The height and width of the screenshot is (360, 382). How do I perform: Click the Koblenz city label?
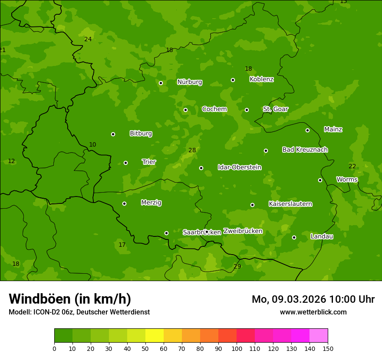coord(261,79)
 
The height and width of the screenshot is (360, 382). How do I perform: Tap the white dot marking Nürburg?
coord(161,83)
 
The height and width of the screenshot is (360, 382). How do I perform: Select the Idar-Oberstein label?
coord(240,167)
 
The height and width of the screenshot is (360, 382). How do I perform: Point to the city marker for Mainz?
coord(307,130)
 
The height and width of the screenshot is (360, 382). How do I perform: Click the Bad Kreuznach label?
coord(305,150)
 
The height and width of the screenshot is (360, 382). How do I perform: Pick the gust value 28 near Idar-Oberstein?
coord(192,151)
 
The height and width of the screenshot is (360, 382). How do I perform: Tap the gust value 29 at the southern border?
coord(237,266)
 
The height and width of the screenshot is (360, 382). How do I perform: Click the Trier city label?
coord(149,162)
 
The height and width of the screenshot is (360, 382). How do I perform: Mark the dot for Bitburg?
coord(113,134)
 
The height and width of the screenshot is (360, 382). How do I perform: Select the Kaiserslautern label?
coord(290,204)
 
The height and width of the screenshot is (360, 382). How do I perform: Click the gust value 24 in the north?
coord(88,39)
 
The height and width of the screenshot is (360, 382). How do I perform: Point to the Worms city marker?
coord(320,180)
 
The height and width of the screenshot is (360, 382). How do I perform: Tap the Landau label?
coord(322,236)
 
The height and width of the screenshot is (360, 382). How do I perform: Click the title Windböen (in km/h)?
coord(70,299)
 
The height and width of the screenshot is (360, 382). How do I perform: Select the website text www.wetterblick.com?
coord(313,312)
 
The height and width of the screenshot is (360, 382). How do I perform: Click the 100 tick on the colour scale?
coord(237,348)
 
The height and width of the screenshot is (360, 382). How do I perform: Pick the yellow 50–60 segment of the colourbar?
coord(155,336)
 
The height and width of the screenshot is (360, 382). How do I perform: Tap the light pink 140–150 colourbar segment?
coord(319,336)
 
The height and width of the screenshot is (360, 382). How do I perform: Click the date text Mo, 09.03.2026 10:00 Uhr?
coord(313,299)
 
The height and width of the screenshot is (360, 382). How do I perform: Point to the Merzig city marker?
coord(124,203)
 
